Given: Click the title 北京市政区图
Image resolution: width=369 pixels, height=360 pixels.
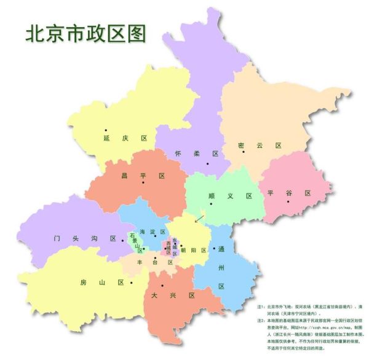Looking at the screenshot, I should point(85,34).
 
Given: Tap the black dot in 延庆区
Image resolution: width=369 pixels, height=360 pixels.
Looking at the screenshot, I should point(106,130).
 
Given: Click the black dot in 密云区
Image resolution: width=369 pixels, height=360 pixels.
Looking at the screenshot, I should point(244,152).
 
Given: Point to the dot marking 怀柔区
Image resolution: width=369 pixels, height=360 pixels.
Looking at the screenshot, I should point(208,164).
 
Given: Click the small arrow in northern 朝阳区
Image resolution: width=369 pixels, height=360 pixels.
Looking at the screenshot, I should point(199,217).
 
